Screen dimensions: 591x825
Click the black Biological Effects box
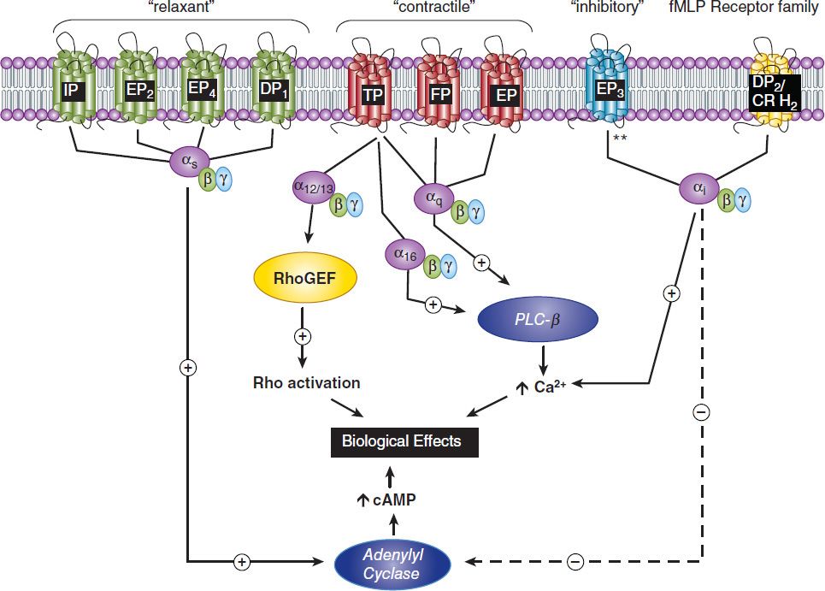401,441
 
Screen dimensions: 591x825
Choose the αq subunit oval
433,198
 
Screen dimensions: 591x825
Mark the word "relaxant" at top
176,8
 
